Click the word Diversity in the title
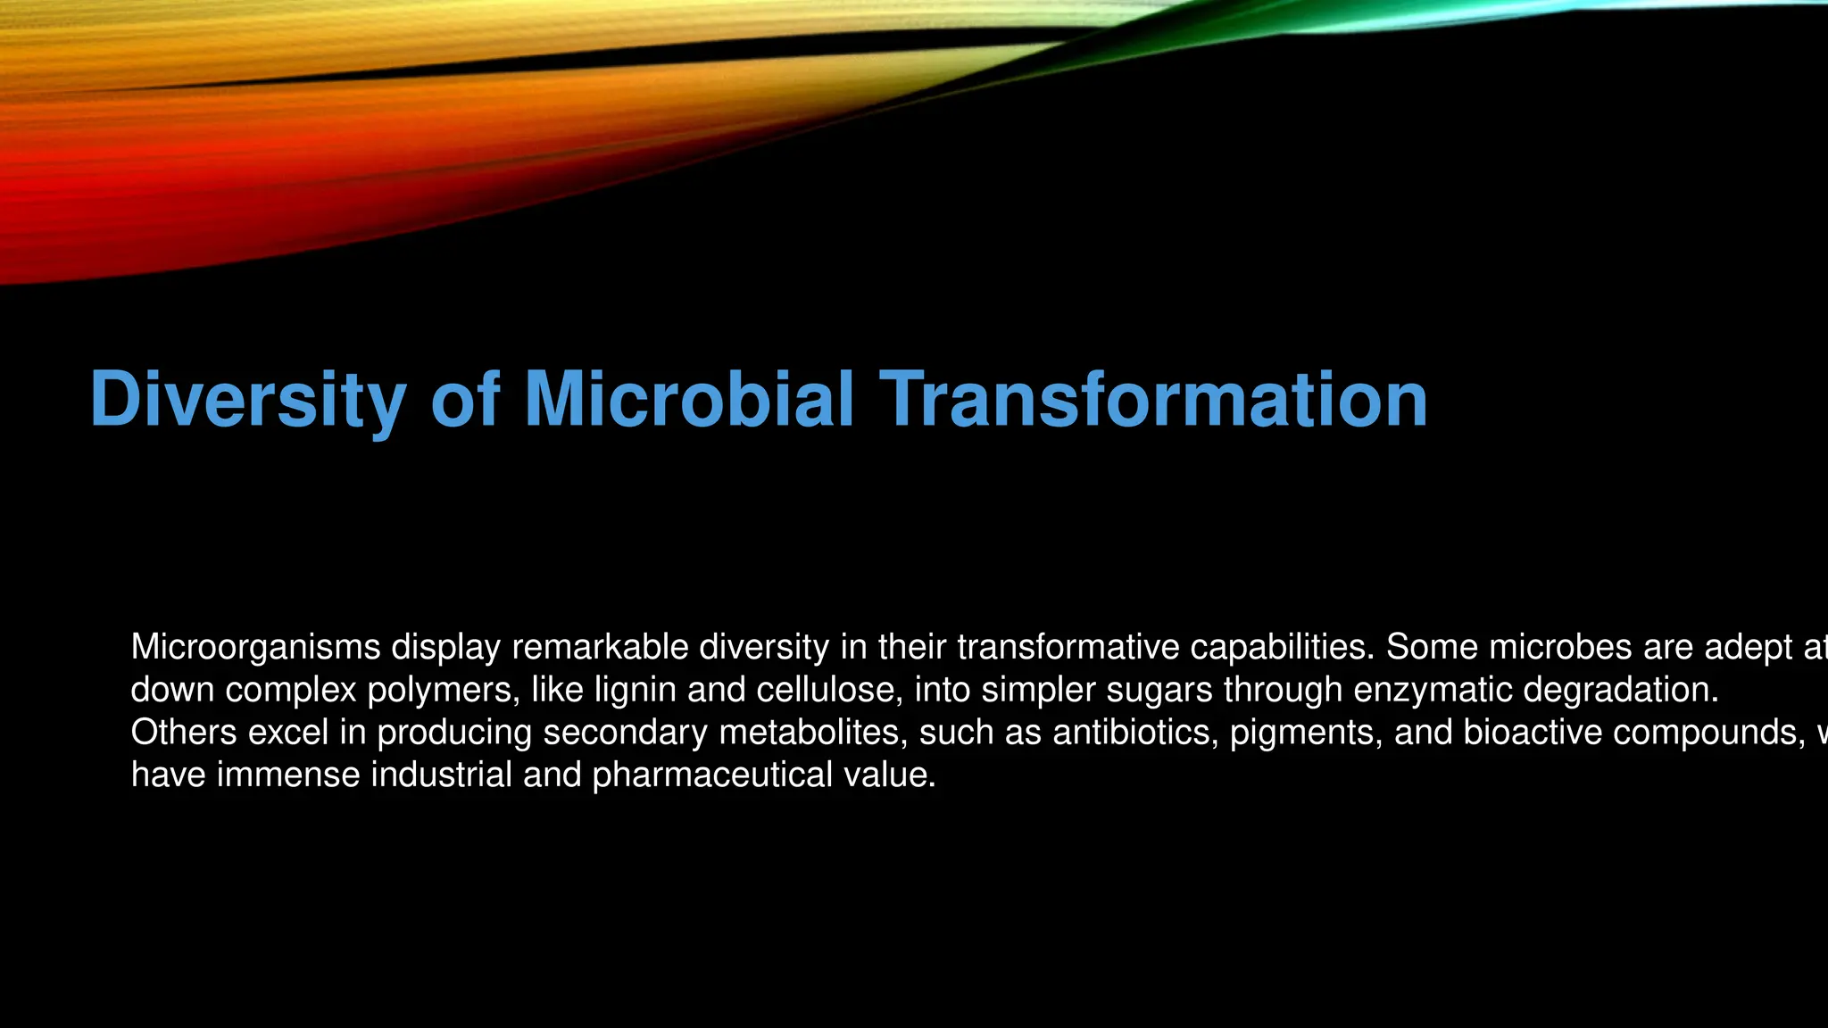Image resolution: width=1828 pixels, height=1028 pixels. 248,400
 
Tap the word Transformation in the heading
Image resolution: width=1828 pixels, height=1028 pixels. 1153,400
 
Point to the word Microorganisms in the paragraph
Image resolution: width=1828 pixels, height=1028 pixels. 255,647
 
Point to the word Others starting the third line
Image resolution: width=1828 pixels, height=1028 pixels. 184,733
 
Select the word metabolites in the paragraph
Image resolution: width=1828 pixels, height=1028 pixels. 812,733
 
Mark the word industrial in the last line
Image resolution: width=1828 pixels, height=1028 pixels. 441,775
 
